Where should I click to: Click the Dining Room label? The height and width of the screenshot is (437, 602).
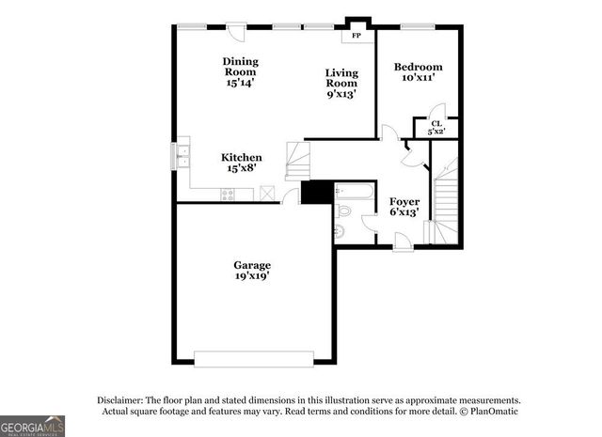coord(240,72)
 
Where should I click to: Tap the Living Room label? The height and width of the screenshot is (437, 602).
coord(341,83)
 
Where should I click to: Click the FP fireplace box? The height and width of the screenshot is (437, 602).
coord(356,35)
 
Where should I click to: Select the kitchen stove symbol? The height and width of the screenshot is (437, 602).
coord(227,195)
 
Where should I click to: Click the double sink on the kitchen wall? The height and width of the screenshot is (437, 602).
coord(182,156)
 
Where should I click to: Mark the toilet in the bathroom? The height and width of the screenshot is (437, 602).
coord(341,229)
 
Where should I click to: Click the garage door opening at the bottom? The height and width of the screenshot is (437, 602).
coord(253,358)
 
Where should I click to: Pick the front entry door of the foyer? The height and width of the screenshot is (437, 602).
coord(403,244)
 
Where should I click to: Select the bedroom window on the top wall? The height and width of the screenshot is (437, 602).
coord(417,25)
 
